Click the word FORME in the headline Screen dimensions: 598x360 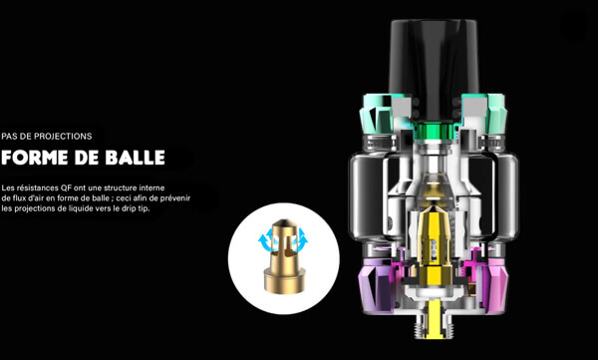pyautogui.click(x=35, y=158)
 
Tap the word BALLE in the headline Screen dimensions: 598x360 pyautogui.click(x=135, y=158)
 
